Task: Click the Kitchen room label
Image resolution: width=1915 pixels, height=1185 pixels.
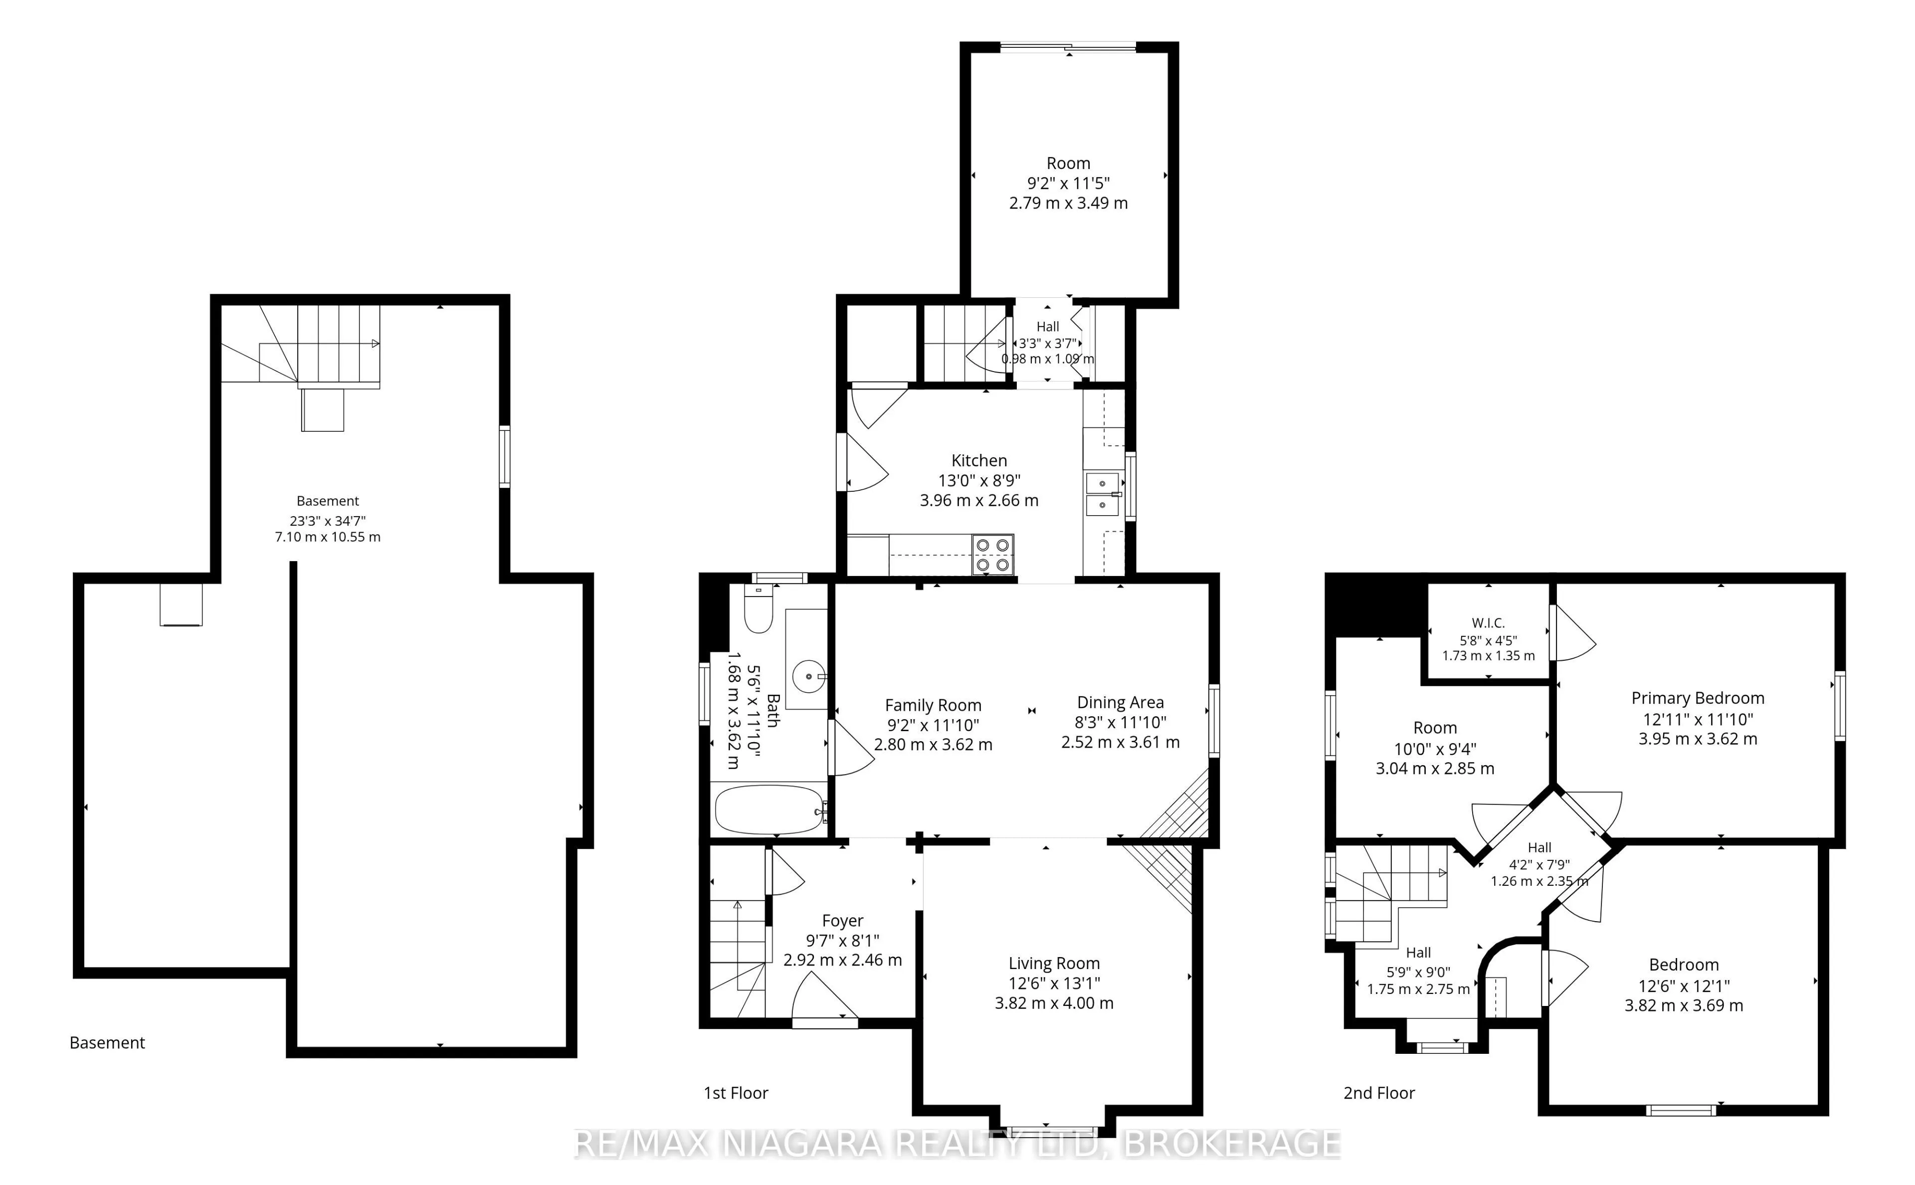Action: coord(978,460)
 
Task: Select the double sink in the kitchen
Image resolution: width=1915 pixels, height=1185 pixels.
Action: coord(1104,493)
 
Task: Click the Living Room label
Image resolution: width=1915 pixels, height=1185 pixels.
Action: coord(1054,963)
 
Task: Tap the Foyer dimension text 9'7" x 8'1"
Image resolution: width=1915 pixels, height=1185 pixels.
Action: coord(842,941)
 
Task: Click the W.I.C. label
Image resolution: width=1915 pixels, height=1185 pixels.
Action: coord(1488,623)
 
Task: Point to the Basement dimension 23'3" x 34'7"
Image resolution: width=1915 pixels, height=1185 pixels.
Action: coord(328,520)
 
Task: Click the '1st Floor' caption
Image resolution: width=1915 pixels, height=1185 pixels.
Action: coord(736,1093)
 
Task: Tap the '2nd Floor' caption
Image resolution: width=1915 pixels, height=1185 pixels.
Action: coord(1379,1093)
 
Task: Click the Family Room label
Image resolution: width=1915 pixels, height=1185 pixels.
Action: coord(933,705)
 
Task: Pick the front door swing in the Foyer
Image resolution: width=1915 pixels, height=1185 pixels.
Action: coord(825,996)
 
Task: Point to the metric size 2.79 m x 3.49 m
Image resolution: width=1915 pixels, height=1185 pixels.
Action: coord(1068,203)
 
